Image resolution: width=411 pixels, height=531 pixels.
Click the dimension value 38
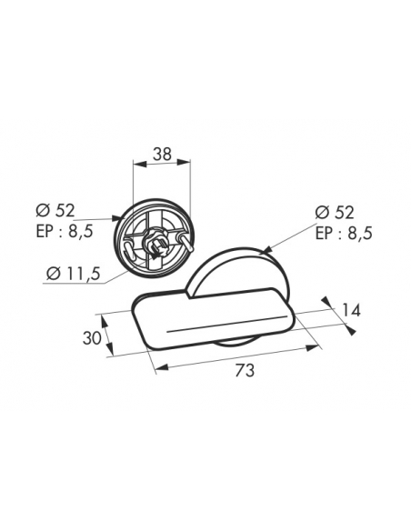pyautogui.click(x=162, y=155)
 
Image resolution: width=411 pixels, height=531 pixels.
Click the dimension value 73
pyautogui.click(x=245, y=371)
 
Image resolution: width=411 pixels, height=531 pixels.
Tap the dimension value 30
pyautogui.click(x=92, y=338)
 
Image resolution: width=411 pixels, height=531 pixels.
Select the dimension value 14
pyautogui.click(x=351, y=310)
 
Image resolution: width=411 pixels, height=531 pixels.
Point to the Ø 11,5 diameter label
pyautogui.click(x=73, y=274)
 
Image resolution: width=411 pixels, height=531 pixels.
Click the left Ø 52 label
pyautogui.click(x=55, y=211)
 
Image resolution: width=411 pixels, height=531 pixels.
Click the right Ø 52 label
pyautogui.click(x=335, y=213)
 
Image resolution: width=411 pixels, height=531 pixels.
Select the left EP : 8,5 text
pyautogui.click(x=65, y=232)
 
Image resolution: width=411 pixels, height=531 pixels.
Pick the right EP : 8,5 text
pyautogui.click(x=344, y=234)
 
